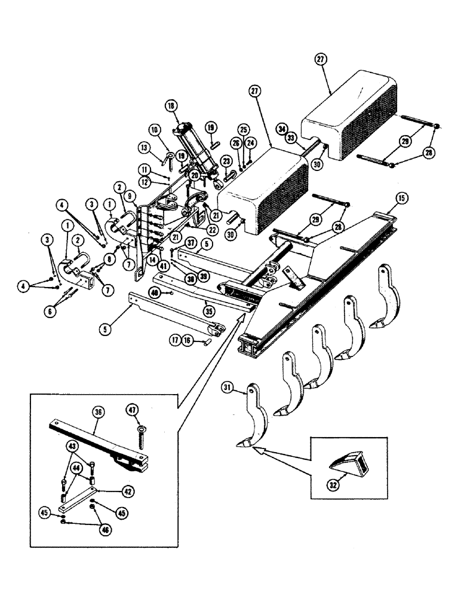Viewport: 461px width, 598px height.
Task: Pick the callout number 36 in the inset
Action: pyautogui.click(x=98, y=411)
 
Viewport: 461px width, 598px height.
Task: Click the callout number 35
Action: pyautogui.click(x=208, y=310)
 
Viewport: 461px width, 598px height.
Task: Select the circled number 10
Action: pyautogui.click(x=154, y=129)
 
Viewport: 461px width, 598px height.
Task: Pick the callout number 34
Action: pyautogui.click(x=281, y=128)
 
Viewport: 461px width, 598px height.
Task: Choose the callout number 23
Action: pyautogui.click(x=226, y=161)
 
